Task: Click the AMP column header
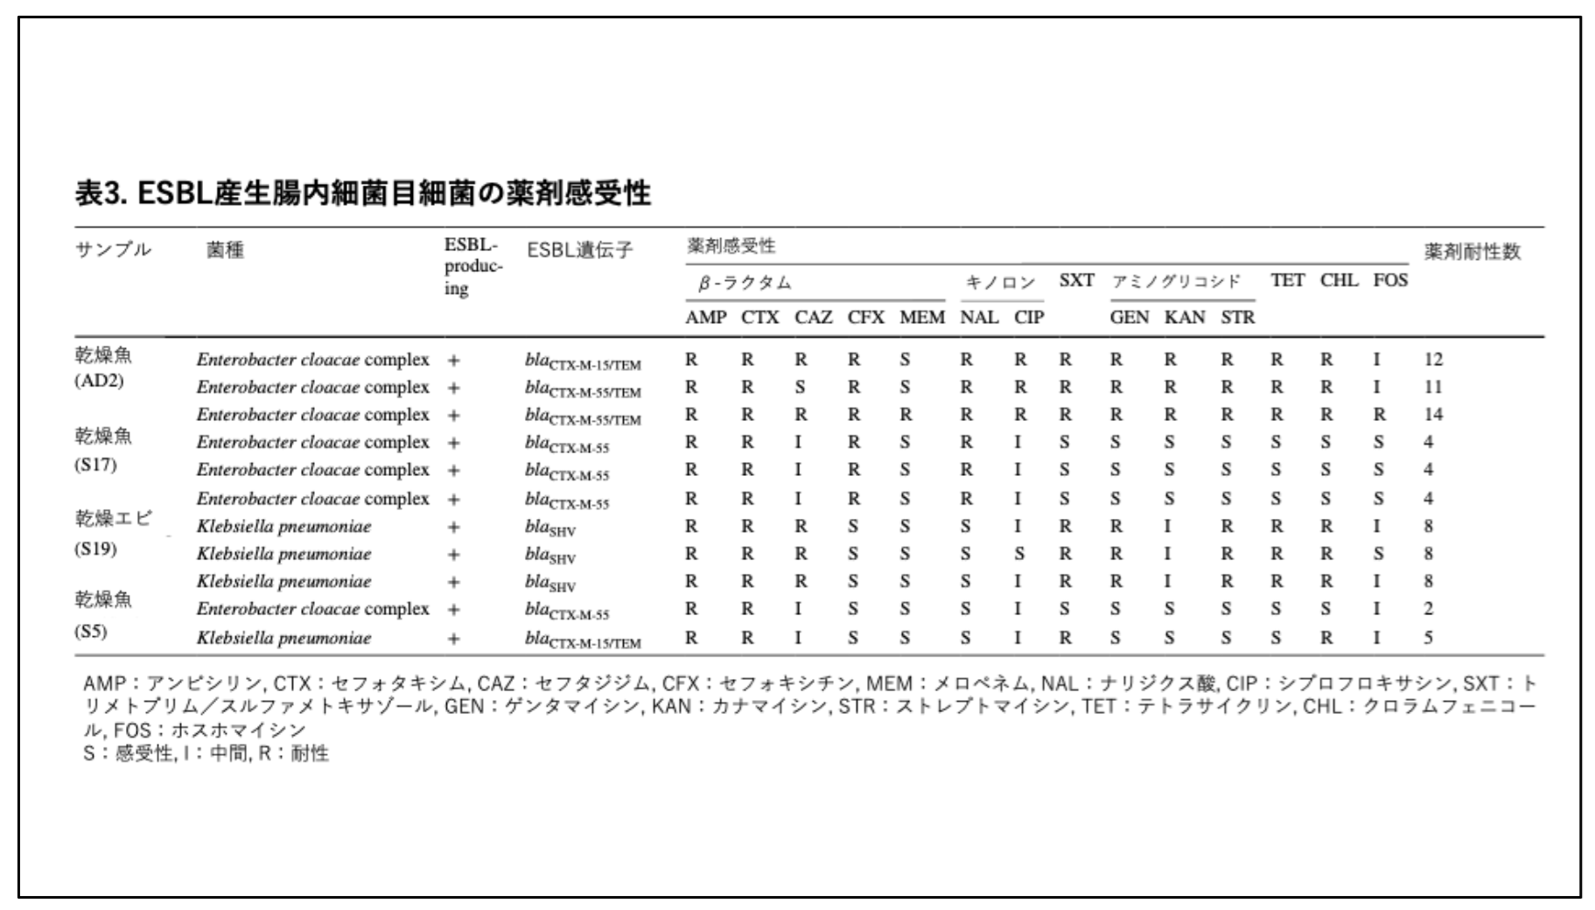click(705, 318)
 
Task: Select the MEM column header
click(921, 318)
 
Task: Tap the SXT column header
click(1076, 281)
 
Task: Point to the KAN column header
click(1184, 318)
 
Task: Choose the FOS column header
click(1389, 281)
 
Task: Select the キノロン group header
click(1000, 283)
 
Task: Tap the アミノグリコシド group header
click(1176, 282)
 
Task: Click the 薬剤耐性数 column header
click(1473, 252)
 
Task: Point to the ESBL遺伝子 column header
click(579, 250)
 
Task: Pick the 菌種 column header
click(225, 250)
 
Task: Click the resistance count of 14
click(1432, 415)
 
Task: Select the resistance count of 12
click(1432, 360)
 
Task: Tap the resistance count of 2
click(1428, 609)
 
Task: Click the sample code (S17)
click(95, 465)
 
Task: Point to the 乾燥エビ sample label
click(113, 518)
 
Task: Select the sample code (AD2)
click(99, 381)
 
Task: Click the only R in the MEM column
click(905, 415)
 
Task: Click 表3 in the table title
click(101, 192)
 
